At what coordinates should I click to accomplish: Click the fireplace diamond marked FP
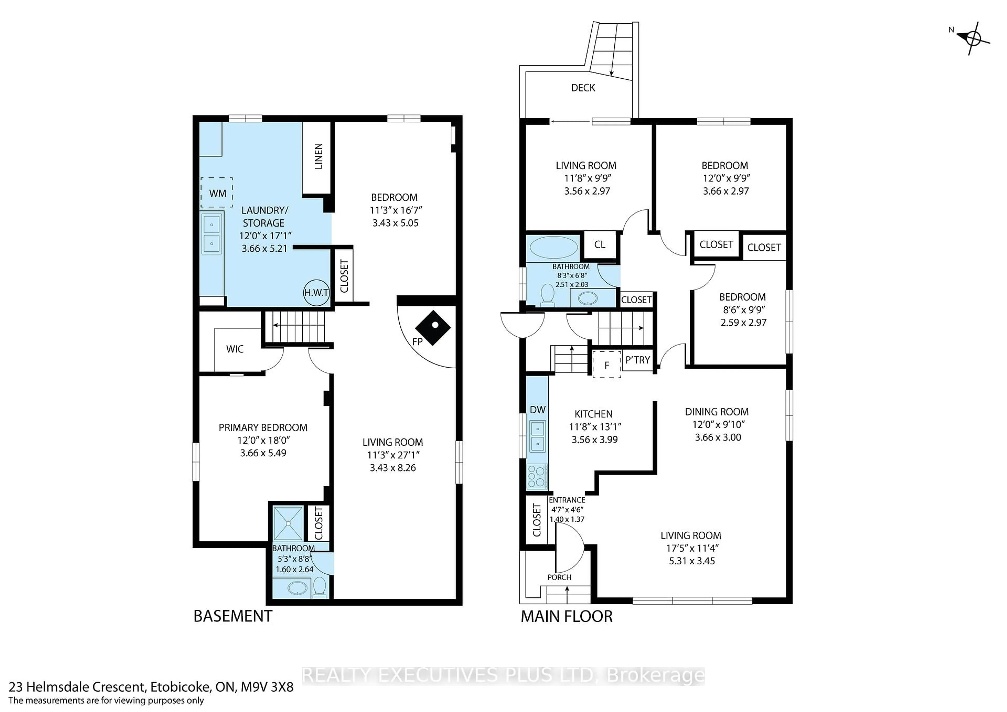click(x=433, y=328)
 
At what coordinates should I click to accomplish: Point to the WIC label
click(x=235, y=349)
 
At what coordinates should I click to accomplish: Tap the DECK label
click(x=583, y=88)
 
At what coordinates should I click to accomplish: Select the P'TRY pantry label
click(x=637, y=360)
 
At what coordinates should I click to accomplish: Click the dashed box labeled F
click(x=607, y=364)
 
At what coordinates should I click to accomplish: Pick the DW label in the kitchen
click(x=538, y=409)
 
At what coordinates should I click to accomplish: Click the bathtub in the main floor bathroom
click(x=554, y=247)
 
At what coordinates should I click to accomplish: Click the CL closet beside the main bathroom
click(x=599, y=245)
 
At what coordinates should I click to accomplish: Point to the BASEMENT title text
click(x=233, y=616)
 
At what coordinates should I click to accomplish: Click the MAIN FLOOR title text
click(x=566, y=616)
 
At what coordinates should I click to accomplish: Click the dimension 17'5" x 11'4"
click(x=691, y=548)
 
